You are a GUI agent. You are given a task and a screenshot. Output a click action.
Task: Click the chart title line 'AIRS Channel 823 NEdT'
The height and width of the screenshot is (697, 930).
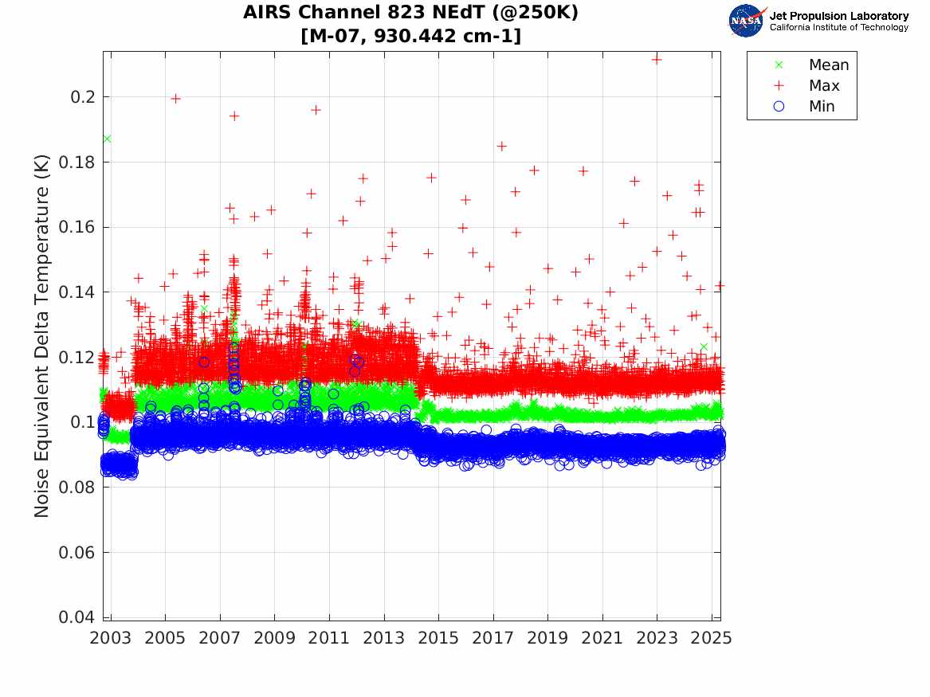click(410, 13)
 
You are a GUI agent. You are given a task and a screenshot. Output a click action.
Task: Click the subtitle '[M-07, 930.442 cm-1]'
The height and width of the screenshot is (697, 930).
click(410, 36)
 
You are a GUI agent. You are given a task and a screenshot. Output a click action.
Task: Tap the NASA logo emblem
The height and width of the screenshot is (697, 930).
click(747, 21)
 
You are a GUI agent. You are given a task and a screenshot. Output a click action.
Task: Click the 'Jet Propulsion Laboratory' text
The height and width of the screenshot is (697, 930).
click(838, 16)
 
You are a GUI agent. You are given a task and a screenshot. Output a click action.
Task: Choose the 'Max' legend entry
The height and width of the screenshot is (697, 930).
click(824, 86)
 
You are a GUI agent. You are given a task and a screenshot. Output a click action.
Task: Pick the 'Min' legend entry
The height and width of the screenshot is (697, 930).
click(822, 107)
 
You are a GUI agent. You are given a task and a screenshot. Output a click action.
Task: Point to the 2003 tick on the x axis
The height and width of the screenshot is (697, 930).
click(111, 638)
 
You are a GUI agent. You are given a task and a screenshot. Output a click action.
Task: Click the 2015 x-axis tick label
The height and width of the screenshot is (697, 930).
click(438, 638)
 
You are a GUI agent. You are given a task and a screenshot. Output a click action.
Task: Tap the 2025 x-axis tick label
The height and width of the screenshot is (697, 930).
click(712, 638)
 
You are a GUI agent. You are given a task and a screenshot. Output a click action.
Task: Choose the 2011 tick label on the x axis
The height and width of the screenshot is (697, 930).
click(329, 638)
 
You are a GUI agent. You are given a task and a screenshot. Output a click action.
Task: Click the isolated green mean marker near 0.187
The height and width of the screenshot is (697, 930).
click(107, 139)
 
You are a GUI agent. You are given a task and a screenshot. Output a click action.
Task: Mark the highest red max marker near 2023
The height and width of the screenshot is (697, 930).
click(657, 59)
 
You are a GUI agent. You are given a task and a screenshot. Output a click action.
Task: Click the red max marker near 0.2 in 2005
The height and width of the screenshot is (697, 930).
click(176, 99)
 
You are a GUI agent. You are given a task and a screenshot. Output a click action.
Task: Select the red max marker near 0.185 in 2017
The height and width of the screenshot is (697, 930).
click(502, 147)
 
